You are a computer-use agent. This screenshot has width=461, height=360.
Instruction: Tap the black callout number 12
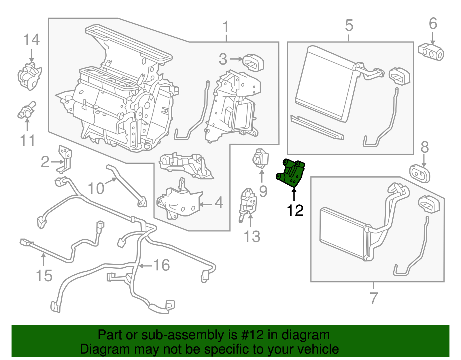click(x=295, y=211)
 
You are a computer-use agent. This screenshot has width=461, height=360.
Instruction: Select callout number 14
click(x=31, y=40)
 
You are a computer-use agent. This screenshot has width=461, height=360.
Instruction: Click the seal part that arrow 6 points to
click(x=431, y=52)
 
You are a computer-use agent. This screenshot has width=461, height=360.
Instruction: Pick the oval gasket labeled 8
click(x=420, y=173)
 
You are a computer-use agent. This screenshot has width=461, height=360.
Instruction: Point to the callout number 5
click(x=349, y=26)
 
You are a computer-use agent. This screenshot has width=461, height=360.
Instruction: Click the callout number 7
click(x=373, y=298)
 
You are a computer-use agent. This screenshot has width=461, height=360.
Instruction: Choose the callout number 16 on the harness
click(x=162, y=265)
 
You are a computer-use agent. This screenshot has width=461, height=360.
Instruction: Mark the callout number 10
click(x=96, y=189)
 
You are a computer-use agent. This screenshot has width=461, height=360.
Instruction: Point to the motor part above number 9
click(x=260, y=158)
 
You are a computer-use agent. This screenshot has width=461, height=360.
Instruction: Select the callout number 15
click(x=44, y=276)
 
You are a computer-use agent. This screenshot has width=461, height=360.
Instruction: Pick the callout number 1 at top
click(x=226, y=27)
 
